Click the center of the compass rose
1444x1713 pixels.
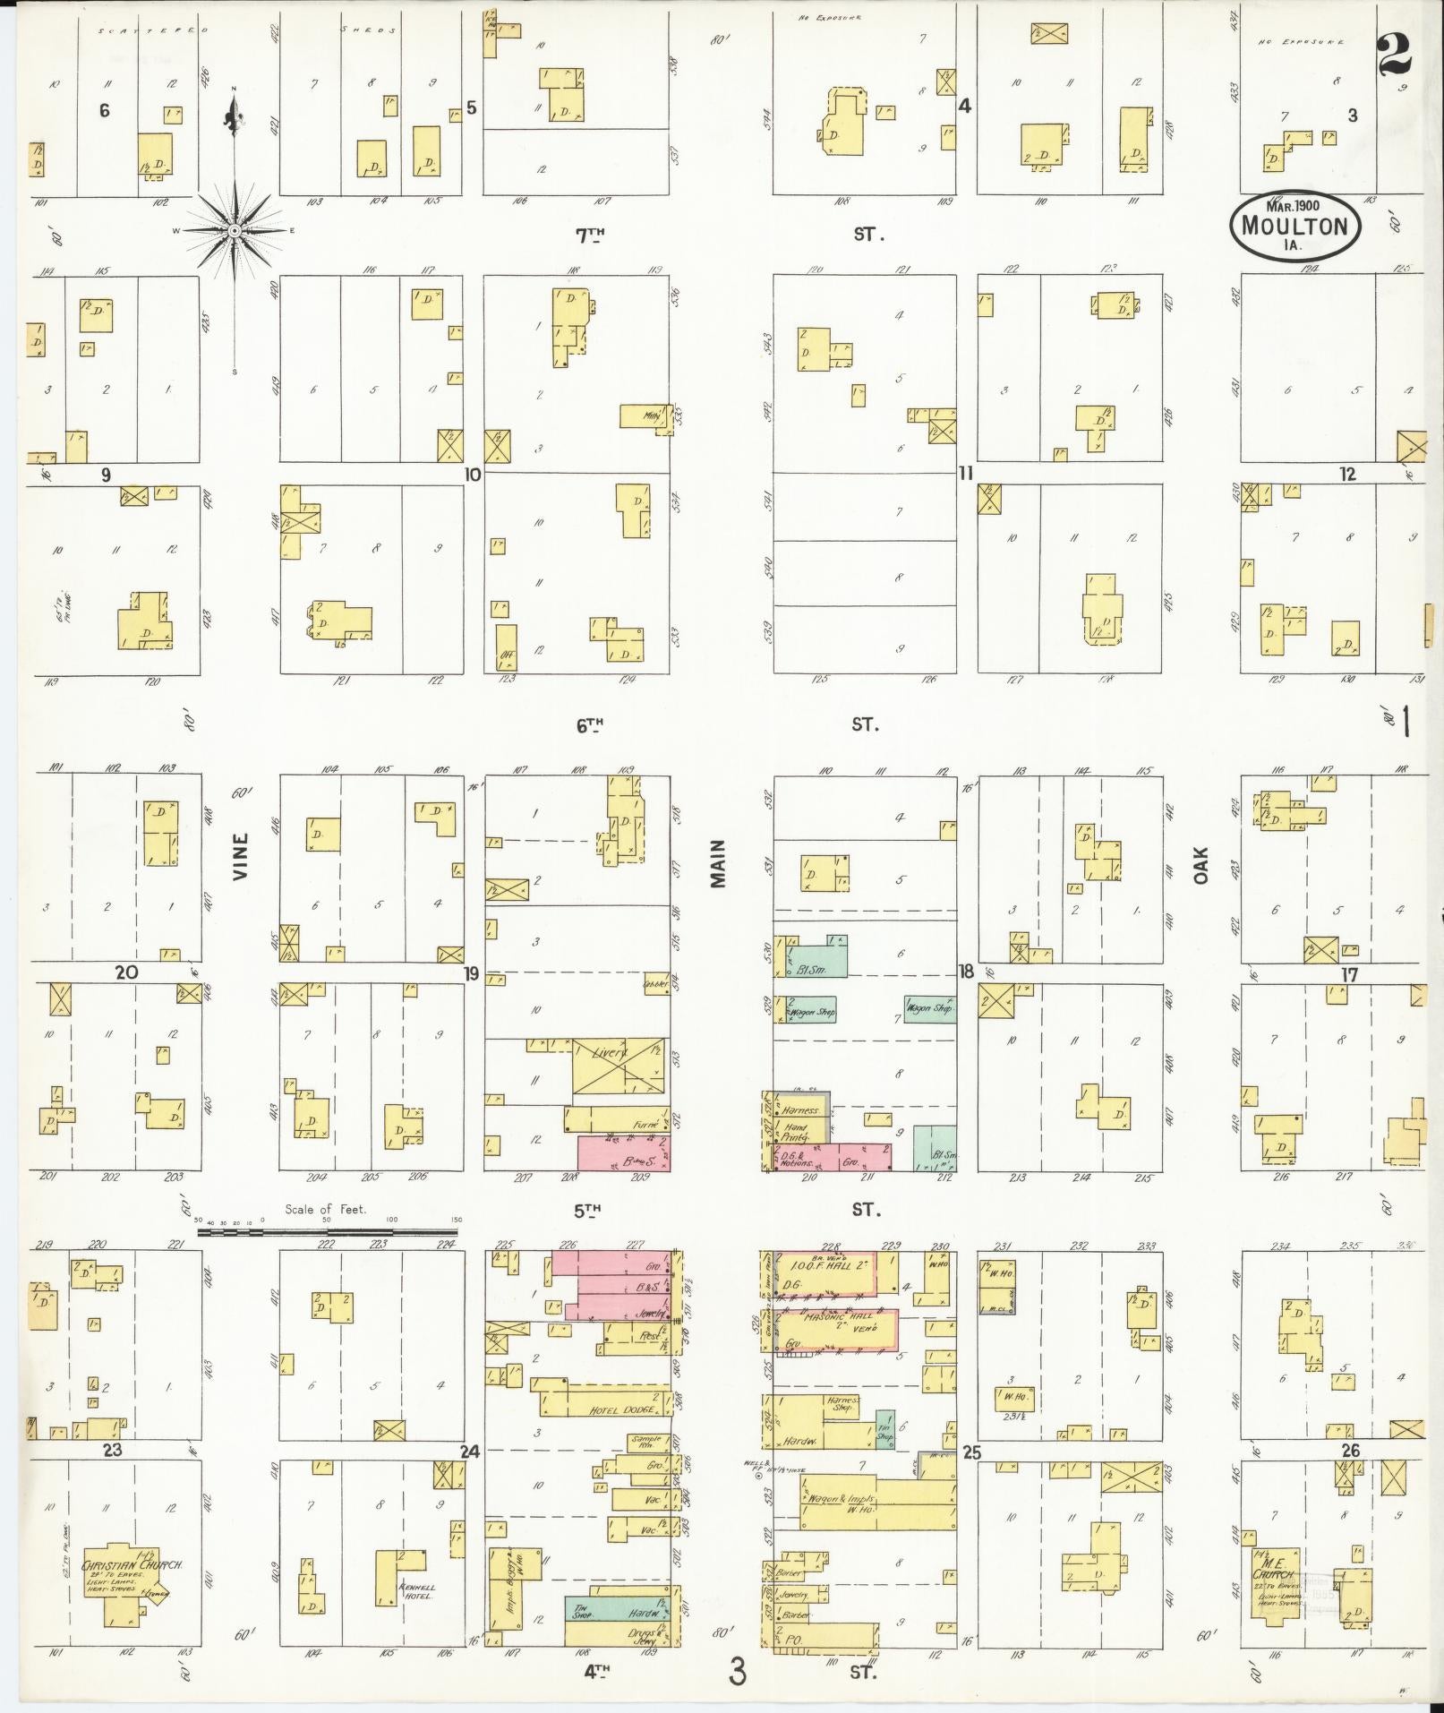coord(235,230)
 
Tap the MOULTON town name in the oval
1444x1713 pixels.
coord(1294,225)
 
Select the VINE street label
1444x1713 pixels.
coord(241,857)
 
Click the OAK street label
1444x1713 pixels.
coord(1200,865)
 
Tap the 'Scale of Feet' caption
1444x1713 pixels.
coord(326,1209)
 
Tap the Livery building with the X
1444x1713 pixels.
coord(619,1066)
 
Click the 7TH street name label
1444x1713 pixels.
coord(590,236)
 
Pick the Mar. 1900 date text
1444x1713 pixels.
coord(1294,204)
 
